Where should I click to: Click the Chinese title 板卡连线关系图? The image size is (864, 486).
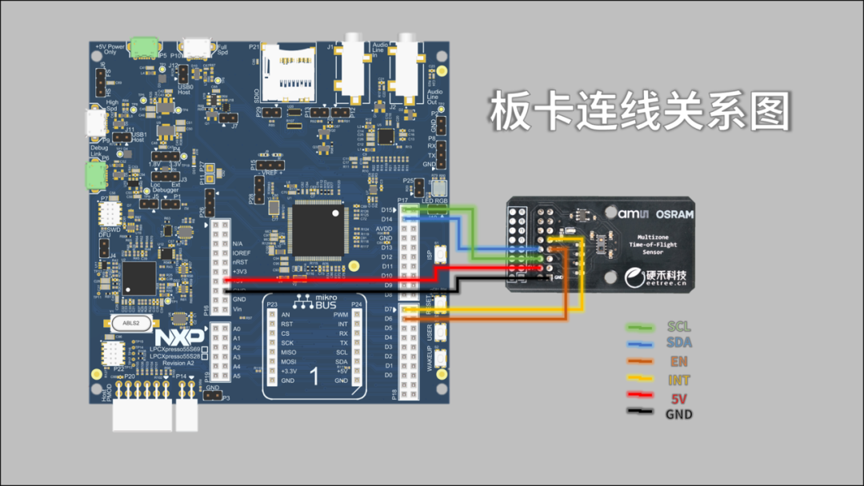click(x=639, y=112)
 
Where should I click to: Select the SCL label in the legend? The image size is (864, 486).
click(x=678, y=327)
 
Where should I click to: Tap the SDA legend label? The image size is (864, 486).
click(x=678, y=343)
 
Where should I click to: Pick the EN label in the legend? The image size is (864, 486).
click(x=678, y=361)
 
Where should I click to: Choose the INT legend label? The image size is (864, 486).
click(x=678, y=380)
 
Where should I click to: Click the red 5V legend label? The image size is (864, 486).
click(x=678, y=398)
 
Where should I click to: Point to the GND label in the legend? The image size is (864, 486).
click(x=678, y=414)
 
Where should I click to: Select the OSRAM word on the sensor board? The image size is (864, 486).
click(x=674, y=214)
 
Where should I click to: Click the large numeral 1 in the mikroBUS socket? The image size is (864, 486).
click(x=314, y=376)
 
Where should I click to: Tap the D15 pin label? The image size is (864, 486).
click(x=387, y=209)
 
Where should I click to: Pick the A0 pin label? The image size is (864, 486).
click(x=237, y=329)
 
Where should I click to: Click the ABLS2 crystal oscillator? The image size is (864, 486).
click(x=132, y=323)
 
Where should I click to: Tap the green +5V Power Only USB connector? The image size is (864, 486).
click(x=145, y=47)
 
